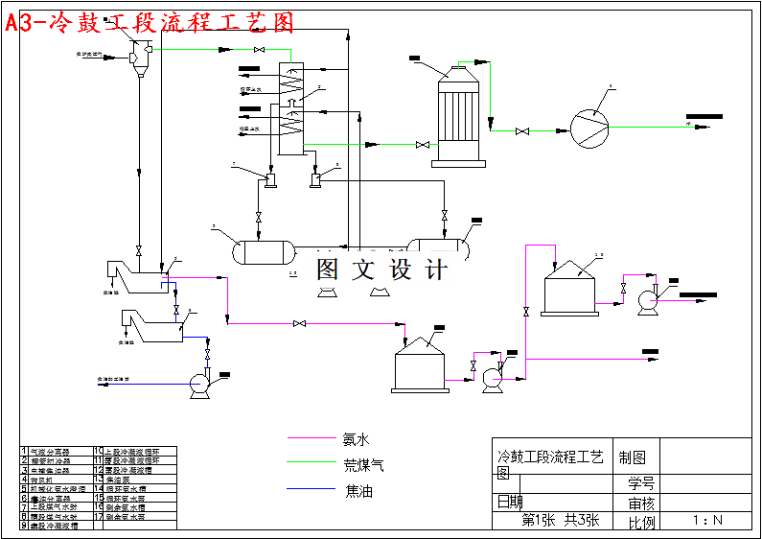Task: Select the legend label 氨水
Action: pos(356,439)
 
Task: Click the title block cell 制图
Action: pos(633,458)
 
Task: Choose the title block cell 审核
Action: pos(641,503)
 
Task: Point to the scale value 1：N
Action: pos(707,521)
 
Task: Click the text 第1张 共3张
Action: pos(560,521)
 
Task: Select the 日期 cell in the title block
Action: pos(510,502)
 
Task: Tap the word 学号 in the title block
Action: pos(641,482)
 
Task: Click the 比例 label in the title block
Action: pos(641,522)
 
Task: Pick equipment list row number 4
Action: pos(26,479)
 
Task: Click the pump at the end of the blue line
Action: pos(200,383)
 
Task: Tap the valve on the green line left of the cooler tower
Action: pos(422,146)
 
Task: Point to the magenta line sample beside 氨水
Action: pos(312,439)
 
